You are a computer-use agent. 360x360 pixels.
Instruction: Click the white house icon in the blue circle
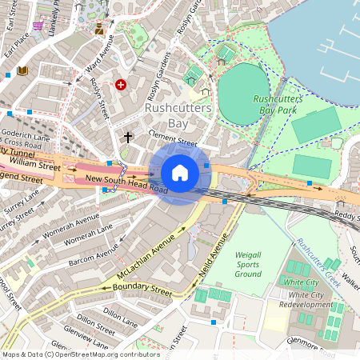(180, 173)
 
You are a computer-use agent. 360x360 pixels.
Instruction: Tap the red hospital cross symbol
(121, 84)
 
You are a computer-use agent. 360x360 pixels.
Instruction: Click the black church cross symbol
(127, 138)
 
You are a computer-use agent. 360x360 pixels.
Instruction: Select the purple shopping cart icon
(38, 25)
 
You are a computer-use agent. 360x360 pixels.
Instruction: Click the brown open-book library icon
(22, 71)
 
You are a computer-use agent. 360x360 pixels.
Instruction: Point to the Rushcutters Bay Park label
(274, 104)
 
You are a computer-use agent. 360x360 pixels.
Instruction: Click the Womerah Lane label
(89, 236)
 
